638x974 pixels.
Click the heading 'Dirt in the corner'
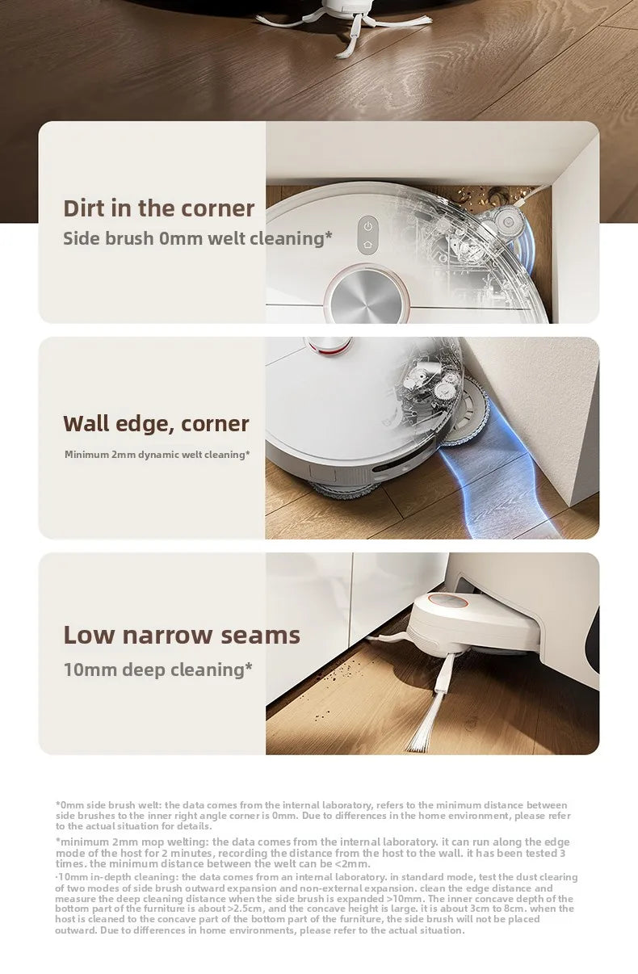tap(158, 208)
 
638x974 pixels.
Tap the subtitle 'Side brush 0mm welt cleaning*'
tap(197, 238)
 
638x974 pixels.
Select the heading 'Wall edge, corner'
tap(156, 423)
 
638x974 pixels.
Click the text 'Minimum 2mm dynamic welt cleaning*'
tap(157, 455)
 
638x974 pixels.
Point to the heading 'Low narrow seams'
tap(182, 635)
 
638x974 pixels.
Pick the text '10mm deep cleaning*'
tap(158, 670)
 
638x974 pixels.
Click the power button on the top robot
tap(367, 225)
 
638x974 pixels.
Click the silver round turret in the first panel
tap(367, 296)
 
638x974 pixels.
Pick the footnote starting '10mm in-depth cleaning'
tap(315, 903)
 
